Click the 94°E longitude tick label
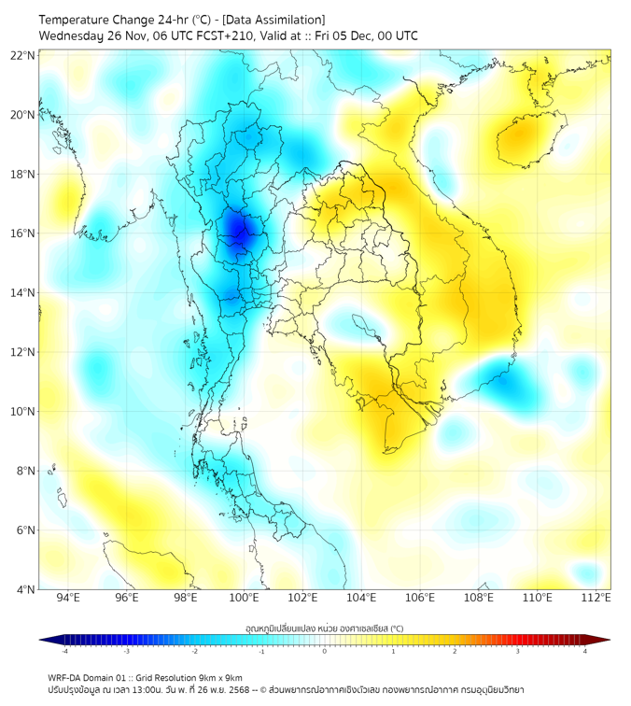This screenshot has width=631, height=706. pyautogui.click(x=68, y=598)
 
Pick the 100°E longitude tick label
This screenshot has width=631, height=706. pyautogui.click(x=245, y=598)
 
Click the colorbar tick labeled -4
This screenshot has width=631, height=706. pyautogui.click(x=64, y=651)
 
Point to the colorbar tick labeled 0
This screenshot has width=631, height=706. pyautogui.click(x=325, y=651)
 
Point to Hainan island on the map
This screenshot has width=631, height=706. pyautogui.click(x=530, y=137)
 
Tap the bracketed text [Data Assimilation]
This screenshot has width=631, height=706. pyautogui.click(x=273, y=20)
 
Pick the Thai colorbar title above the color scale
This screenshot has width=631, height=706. pyautogui.click(x=324, y=628)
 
